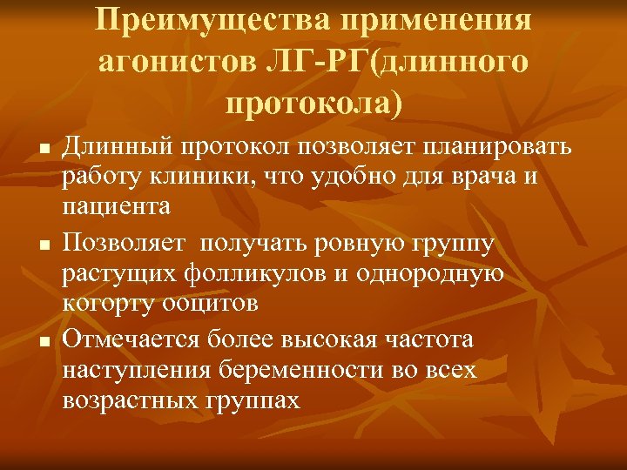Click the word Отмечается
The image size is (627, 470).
click(133, 339)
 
